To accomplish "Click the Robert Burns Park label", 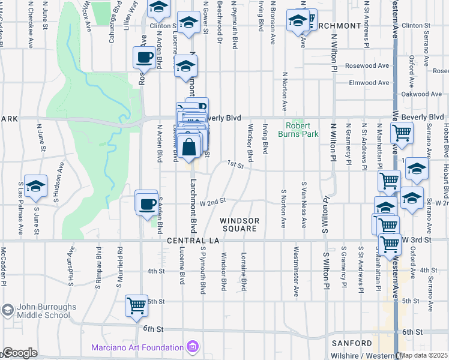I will (302, 130).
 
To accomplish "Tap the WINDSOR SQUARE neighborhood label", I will (240, 224).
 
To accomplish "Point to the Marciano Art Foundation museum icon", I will (193, 347).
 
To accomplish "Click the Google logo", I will (19, 353).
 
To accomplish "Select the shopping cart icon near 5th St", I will (136, 305).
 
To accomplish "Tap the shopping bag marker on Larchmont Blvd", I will (189, 147).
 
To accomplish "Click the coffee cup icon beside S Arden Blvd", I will (146, 204).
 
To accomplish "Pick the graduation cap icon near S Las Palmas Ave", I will (36, 187).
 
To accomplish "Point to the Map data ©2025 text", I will (424, 355).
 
